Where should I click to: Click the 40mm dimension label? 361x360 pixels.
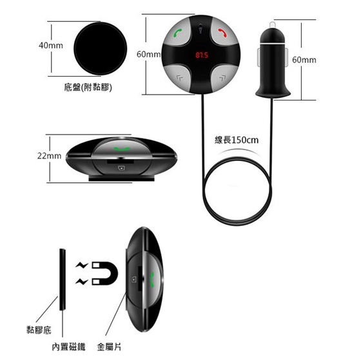[x=51, y=45]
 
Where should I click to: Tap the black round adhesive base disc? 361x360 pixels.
[x=101, y=48]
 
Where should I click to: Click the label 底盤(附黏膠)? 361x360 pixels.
[x=88, y=88]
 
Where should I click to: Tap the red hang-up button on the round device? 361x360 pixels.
[x=222, y=32]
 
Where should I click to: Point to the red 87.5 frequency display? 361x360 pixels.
[x=202, y=55]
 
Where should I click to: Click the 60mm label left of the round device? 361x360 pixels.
[x=148, y=54]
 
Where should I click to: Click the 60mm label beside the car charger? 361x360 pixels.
[x=304, y=60]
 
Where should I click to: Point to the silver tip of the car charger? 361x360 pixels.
[x=272, y=25]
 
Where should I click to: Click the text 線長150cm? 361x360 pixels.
[x=237, y=140]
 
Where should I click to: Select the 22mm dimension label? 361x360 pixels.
[x=49, y=156]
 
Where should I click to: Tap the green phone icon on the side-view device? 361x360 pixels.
[x=122, y=149]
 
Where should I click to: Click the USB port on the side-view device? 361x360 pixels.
[x=121, y=167]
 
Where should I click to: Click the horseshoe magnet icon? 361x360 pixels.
[x=105, y=273]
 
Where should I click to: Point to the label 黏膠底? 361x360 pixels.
[x=39, y=330]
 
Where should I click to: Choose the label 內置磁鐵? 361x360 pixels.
[x=68, y=347]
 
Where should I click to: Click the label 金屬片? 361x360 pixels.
[x=109, y=347]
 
